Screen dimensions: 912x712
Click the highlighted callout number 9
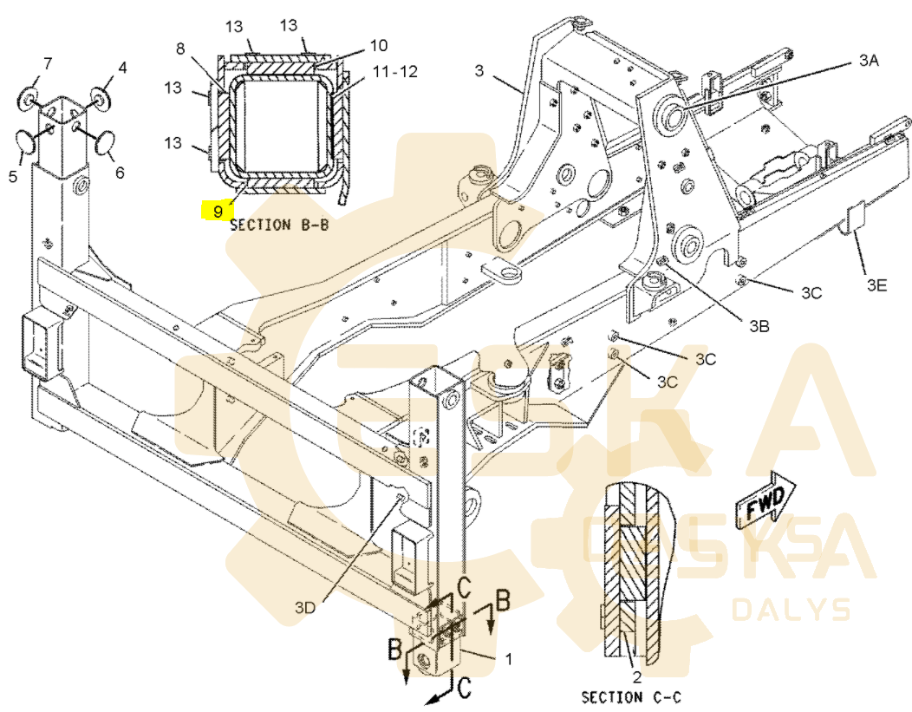218,211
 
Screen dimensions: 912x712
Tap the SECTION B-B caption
280,225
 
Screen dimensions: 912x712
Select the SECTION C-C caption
631,696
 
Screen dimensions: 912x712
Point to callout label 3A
869,59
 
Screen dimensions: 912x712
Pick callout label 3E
877,284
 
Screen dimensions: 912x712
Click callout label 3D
305,608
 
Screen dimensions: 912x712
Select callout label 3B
759,326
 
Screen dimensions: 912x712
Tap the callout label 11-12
395,72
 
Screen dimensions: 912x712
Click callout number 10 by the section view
379,45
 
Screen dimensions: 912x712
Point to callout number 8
180,49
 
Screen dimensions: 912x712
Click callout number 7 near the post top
48,63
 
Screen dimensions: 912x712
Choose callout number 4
122,68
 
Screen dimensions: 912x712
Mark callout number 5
13,176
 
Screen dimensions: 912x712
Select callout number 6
120,173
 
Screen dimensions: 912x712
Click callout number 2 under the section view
637,677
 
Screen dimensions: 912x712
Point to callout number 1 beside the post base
509,658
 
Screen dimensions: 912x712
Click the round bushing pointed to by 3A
674,114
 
